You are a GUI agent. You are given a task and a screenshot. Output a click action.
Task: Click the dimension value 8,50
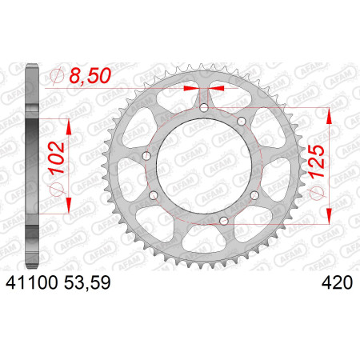coord(90,75)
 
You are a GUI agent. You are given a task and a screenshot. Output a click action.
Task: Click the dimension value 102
coord(57,158)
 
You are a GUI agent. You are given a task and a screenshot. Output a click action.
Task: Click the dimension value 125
coord(317,162)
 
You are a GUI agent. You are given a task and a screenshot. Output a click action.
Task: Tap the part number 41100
coord(32,282)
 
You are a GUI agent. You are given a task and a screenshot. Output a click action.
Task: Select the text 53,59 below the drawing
coord(87,282)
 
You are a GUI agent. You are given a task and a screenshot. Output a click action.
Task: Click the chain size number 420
coord(337,282)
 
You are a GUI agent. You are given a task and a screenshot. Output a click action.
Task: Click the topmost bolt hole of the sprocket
coord(204,108)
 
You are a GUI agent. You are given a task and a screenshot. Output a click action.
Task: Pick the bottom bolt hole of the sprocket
coord(223,221)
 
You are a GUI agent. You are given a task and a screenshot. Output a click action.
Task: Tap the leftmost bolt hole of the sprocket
coord(146,156)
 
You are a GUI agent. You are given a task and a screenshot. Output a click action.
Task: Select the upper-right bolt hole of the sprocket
coord(241,122)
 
